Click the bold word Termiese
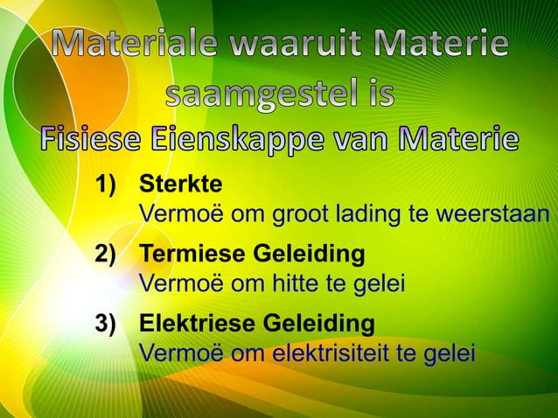193,256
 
